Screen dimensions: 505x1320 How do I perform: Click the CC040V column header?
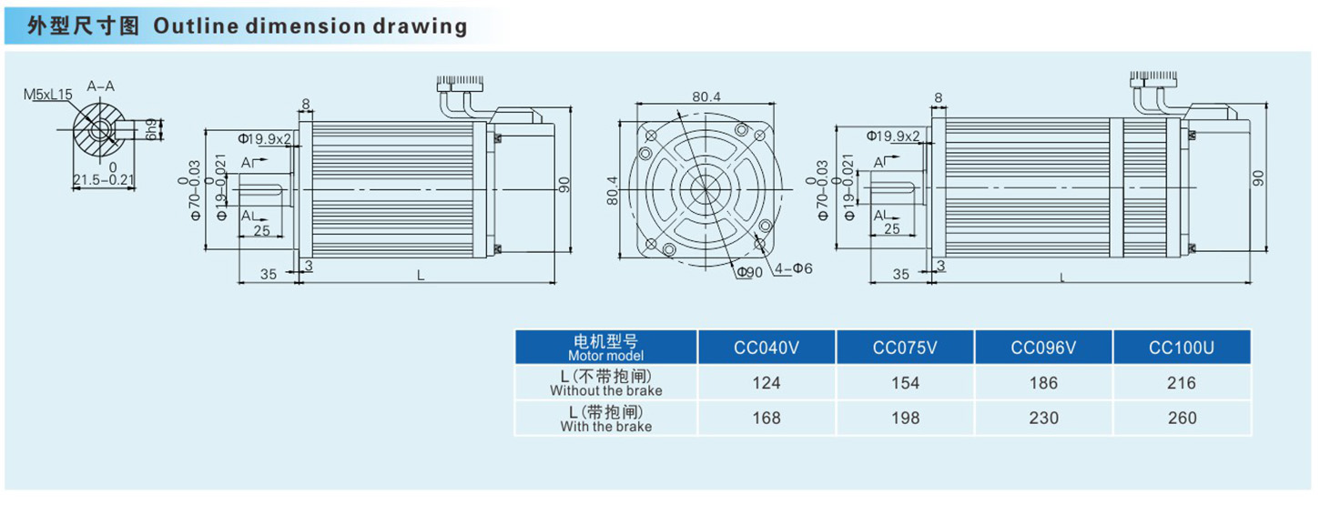click(x=767, y=348)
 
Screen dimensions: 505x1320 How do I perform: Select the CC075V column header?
click(x=905, y=348)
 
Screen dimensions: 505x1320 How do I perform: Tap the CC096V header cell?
click(x=1043, y=348)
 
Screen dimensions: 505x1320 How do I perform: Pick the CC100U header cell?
click(x=1182, y=348)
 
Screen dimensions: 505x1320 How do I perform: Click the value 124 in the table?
click(x=767, y=383)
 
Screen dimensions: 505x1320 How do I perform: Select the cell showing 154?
click(x=905, y=383)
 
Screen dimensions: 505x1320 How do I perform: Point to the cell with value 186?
click(x=1043, y=383)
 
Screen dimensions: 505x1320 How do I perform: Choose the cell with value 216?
click(x=1182, y=383)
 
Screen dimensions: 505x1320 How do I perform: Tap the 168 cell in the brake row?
click(x=767, y=419)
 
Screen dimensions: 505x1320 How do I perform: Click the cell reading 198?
click(x=905, y=419)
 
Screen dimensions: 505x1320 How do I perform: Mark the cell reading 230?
click(x=1043, y=419)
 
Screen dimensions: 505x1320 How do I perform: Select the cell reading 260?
click(x=1182, y=419)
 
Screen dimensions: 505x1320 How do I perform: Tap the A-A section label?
click(x=100, y=86)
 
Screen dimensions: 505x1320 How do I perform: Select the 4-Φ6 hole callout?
click(x=794, y=269)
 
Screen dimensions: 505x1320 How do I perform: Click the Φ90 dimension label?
click(x=750, y=272)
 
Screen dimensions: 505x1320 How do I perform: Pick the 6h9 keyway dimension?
click(x=151, y=129)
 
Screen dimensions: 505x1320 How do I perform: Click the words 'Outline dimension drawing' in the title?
click(x=310, y=25)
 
